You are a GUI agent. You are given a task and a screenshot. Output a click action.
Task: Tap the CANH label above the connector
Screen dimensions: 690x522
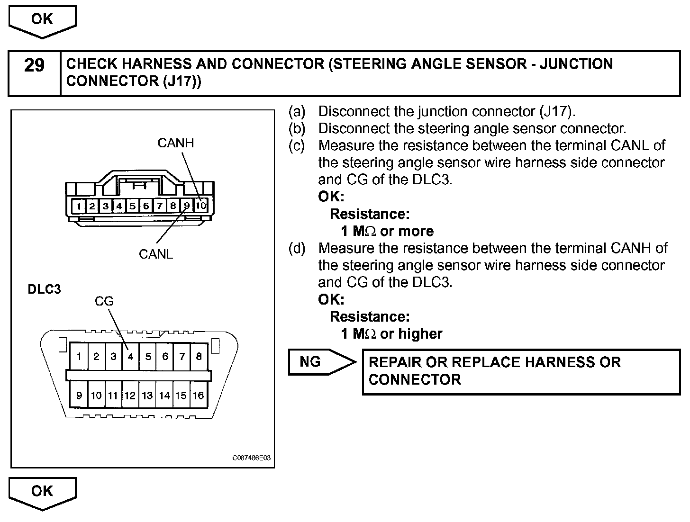point(176,143)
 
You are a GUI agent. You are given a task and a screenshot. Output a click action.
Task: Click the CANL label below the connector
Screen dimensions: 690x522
point(156,254)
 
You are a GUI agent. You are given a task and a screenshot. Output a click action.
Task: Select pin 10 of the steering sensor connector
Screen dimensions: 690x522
point(201,206)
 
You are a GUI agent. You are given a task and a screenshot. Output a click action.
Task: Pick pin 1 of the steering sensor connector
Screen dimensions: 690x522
point(78,206)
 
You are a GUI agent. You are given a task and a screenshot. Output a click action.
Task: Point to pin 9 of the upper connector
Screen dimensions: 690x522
point(187,206)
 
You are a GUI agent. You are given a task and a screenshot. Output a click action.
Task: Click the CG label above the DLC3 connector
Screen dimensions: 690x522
point(104,301)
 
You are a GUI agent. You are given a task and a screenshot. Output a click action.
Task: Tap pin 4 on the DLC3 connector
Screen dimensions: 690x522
point(130,357)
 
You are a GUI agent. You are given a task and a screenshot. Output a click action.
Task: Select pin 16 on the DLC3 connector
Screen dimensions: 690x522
point(199,395)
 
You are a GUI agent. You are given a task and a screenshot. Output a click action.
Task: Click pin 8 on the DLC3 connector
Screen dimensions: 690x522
point(199,357)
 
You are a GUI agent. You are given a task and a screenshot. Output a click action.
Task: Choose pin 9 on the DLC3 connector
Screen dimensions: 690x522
point(79,395)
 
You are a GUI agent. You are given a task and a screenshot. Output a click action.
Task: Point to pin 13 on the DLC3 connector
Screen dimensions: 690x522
point(147,395)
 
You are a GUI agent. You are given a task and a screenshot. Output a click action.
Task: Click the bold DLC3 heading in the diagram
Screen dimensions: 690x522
point(45,289)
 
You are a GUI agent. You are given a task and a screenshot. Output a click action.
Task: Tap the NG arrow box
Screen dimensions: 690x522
point(318,362)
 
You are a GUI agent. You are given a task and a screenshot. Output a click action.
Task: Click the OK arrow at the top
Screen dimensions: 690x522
point(42,20)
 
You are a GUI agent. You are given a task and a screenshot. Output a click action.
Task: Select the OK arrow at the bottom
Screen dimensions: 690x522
point(42,492)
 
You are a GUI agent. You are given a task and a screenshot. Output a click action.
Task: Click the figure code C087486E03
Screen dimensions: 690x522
point(252,458)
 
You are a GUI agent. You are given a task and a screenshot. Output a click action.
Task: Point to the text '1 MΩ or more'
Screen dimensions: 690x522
point(387,231)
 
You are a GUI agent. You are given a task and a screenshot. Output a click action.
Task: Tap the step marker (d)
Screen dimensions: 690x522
point(297,248)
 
